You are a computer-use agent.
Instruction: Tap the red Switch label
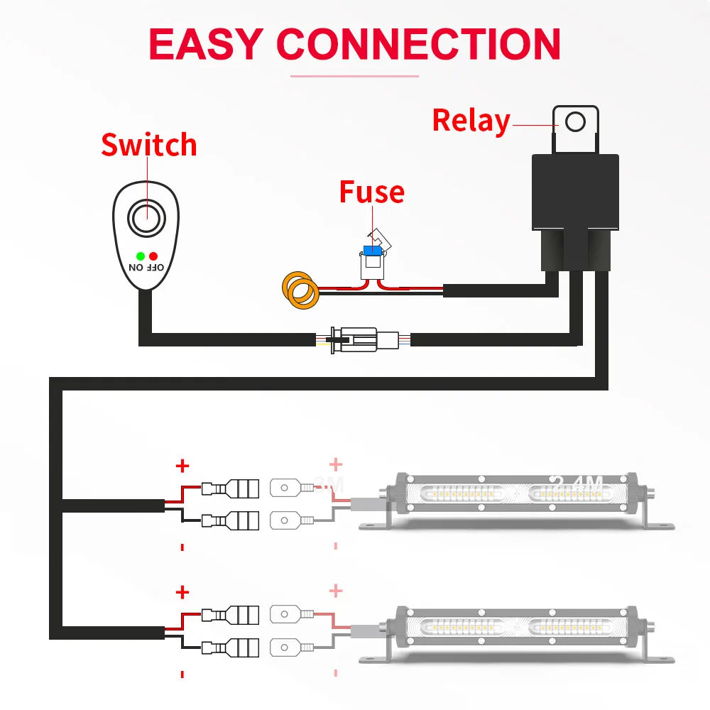[148, 145]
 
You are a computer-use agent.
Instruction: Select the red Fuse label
[371, 192]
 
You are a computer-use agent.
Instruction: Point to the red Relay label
[471, 121]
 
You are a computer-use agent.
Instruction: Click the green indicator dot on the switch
[141, 256]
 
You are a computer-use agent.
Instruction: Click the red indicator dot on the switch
[153, 256]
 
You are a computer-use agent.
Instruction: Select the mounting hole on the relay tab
[575, 121]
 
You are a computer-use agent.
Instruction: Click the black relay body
[575, 192]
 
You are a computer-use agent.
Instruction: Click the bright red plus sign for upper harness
[182, 466]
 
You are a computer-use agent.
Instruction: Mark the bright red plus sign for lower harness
[182, 592]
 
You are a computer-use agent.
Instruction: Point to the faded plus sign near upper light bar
[336, 465]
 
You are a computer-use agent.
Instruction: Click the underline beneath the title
[354, 76]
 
